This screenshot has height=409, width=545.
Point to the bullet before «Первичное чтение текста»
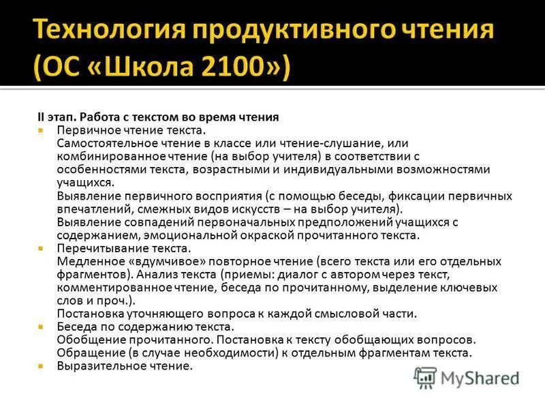pos(41,129)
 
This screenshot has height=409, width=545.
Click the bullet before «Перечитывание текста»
pos(41,249)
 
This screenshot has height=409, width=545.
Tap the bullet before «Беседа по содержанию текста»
pos(41,327)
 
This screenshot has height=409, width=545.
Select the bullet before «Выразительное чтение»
pos(41,366)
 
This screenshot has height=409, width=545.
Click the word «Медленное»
pos(86,262)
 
